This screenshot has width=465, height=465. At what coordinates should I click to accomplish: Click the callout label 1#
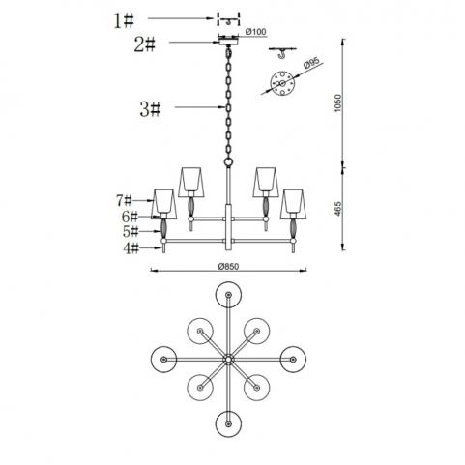pyautogui.click(x=124, y=21)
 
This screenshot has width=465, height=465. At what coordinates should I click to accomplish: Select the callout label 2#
pyautogui.click(x=145, y=44)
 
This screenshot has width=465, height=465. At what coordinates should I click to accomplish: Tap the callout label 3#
pyautogui.click(x=150, y=109)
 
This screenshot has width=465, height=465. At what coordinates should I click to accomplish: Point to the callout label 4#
pyautogui.click(x=131, y=248)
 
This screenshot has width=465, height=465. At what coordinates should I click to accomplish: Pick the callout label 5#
pyautogui.click(x=131, y=231)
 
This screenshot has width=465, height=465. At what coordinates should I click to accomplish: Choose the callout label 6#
pyautogui.click(x=130, y=217)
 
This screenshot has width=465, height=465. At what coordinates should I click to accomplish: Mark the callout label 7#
pyautogui.click(x=124, y=201)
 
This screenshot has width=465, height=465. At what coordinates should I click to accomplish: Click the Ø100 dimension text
pyautogui.click(x=255, y=32)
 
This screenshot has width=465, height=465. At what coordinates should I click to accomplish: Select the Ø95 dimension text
pyautogui.click(x=311, y=63)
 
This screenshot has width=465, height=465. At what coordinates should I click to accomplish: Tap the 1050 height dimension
pyautogui.click(x=337, y=102)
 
